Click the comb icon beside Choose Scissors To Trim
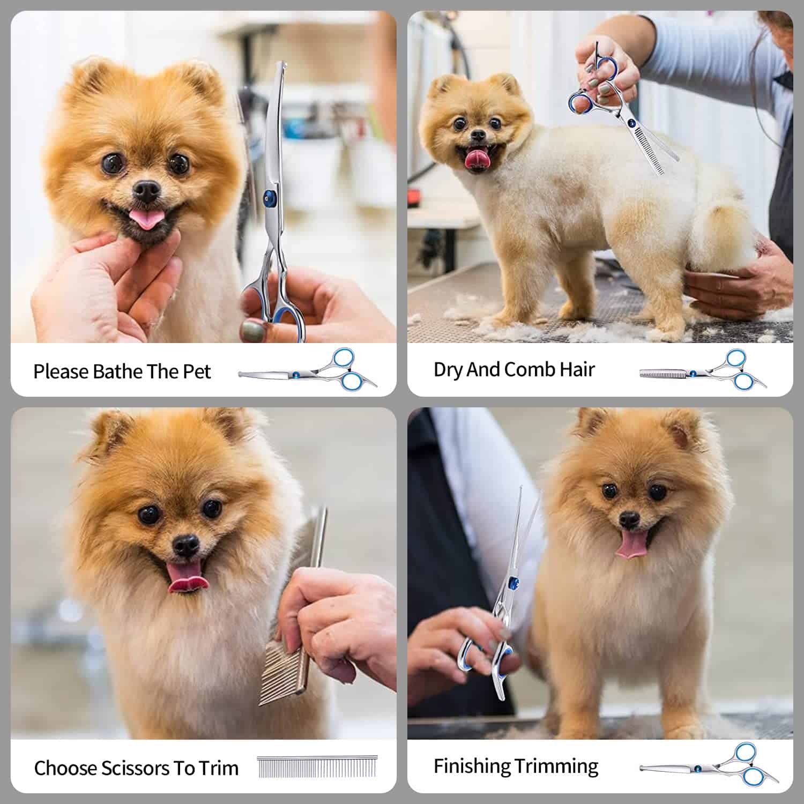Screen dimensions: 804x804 [316, 767]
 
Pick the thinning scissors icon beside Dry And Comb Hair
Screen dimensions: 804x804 [702, 370]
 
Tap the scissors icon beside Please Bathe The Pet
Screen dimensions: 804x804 [308, 369]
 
